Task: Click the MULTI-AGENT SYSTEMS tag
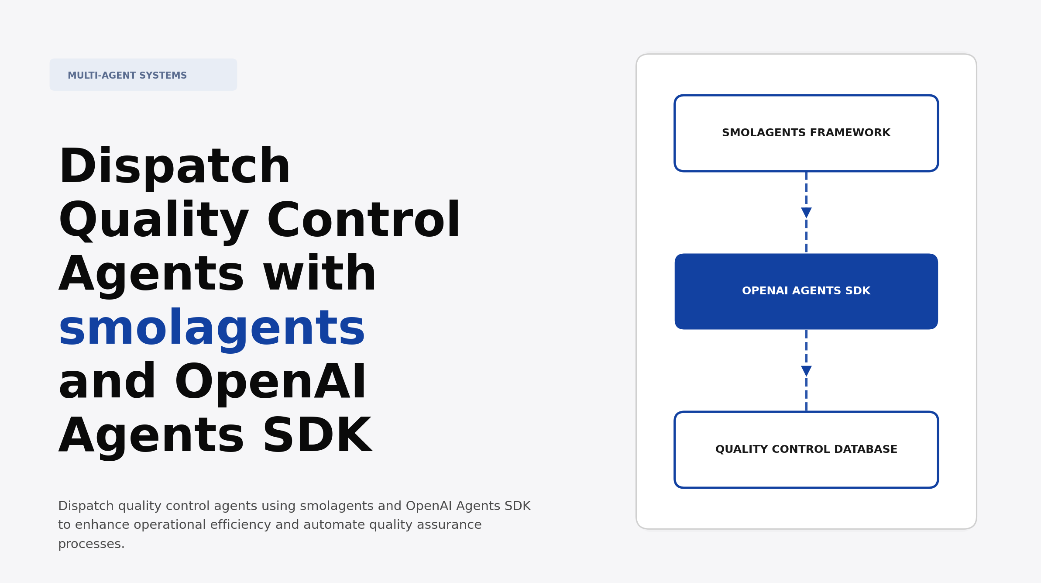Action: pyautogui.click(x=143, y=75)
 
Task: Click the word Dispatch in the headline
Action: pyautogui.click(x=175, y=167)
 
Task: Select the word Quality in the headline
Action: pyautogui.click(x=154, y=221)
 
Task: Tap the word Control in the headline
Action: pyautogui.click(x=364, y=221)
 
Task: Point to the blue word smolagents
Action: pyautogui.click(x=212, y=328)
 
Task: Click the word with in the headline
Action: pyautogui.click(x=320, y=274)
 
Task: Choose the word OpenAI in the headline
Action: pyautogui.click(x=271, y=382)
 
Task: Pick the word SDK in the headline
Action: pyautogui.click(x=317, y=436)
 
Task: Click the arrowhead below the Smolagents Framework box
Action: pyautogui.click(x=806, y=213)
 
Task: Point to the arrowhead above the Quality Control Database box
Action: pyautogui.click(x=806, y=371)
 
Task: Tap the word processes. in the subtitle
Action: pyautogui.click(x=91, y=544)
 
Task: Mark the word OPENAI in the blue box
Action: pyautogui.click(x=765, y=291)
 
